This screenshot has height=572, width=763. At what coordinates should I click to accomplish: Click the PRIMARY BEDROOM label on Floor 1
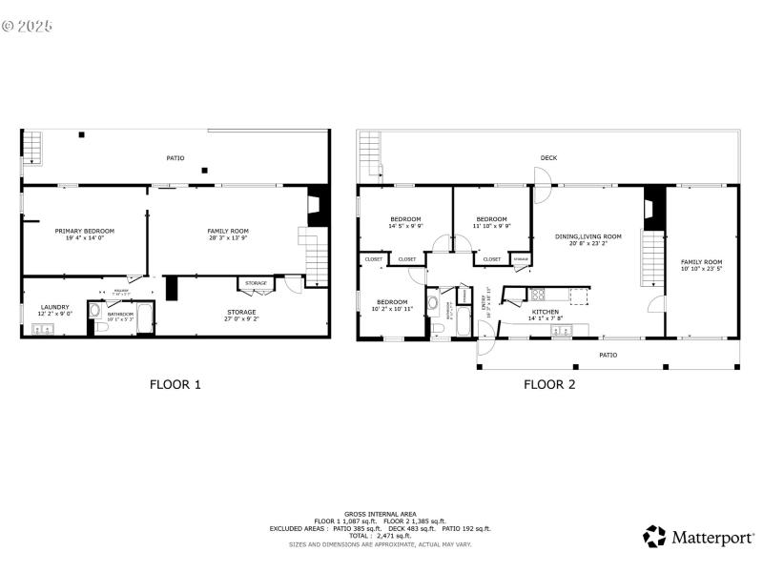click(x=84, y=231)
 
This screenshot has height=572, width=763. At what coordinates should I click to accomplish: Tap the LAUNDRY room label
click(x=54, y=307)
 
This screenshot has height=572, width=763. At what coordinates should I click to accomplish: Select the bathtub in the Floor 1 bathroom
click(x=144, y=317)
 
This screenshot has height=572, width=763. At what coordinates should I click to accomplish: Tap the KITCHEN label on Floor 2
click(x=545, y=312)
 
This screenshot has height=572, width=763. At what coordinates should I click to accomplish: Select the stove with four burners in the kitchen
click(x=537, y=295)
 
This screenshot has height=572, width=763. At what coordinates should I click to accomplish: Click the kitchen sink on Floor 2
click(x=560, y=330)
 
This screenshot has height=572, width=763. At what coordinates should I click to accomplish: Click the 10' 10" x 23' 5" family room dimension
click(x=701, y=270)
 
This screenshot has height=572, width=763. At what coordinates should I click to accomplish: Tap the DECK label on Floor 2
click(x=548, y=158)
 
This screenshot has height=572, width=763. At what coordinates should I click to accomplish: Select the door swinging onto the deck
click(x=541, y=184)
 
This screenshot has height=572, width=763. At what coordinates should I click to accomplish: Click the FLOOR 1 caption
click(x=175, y=385)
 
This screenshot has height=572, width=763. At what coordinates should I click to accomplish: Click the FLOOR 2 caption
click(x=549, y=385)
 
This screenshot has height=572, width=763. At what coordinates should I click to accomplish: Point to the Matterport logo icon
click(x=654, y=537)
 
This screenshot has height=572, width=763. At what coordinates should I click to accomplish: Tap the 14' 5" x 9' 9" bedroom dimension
click(x=405, y=226)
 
